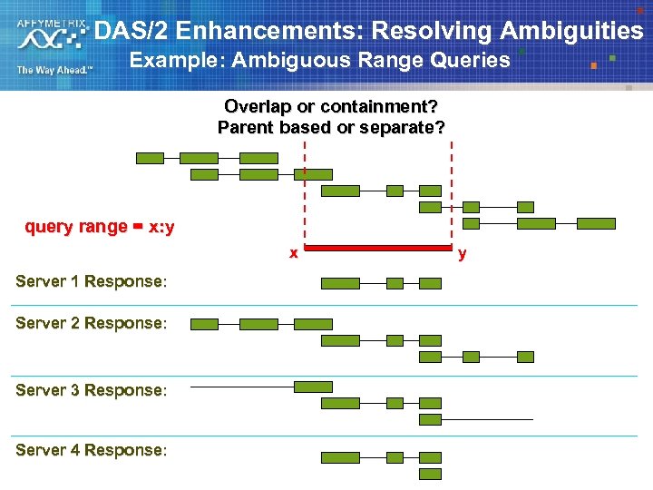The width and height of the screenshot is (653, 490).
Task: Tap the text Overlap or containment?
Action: click(x=331, y=106)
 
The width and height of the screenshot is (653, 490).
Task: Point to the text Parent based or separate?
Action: click(x=331, y=128)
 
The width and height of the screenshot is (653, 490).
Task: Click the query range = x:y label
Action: click(x=100, y=227)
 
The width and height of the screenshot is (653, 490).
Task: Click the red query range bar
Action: click(x=377, y=247)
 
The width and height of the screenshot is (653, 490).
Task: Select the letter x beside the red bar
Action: click(x=293, y=253)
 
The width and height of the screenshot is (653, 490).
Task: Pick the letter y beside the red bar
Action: click(x=463, y=253)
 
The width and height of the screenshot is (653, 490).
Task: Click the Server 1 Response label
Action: click(x=91, y=281)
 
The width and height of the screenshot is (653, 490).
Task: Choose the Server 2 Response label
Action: click(x=91, y=323)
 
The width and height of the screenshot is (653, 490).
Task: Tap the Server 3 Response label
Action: click(x=91, y=390)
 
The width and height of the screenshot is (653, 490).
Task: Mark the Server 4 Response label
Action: click(x=91, y=450)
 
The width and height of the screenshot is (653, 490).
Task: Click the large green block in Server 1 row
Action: click(x=341, y=283)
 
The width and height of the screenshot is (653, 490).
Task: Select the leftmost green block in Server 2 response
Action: click(x=204, y=324)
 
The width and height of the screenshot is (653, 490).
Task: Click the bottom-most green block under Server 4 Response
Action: click(x=430, y=474)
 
